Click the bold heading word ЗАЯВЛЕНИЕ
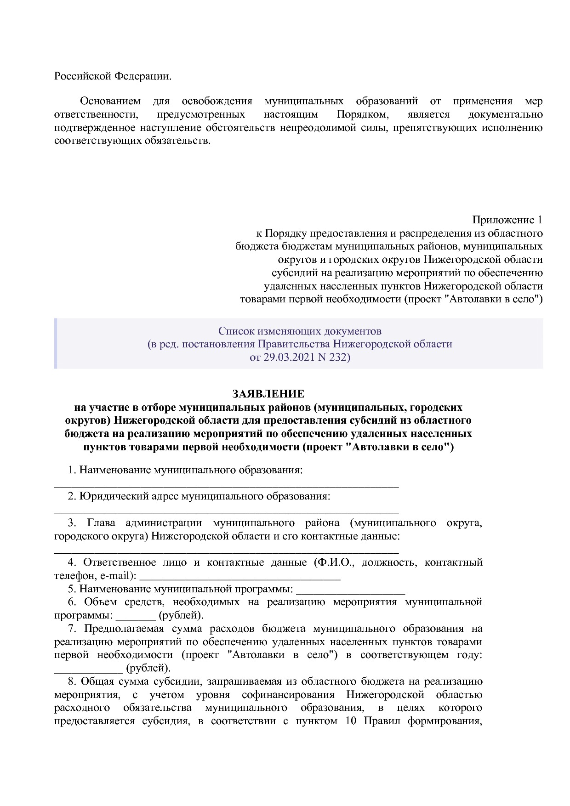click(x=268, y=394)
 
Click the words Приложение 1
click(x=507, y=220)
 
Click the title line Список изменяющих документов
click(x=299, y=331)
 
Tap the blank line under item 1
click(x=226, y=485)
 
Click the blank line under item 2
click(x=226, y=511)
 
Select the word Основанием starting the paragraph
click(x=110, y=101)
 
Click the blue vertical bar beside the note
click(x=56, y=343)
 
